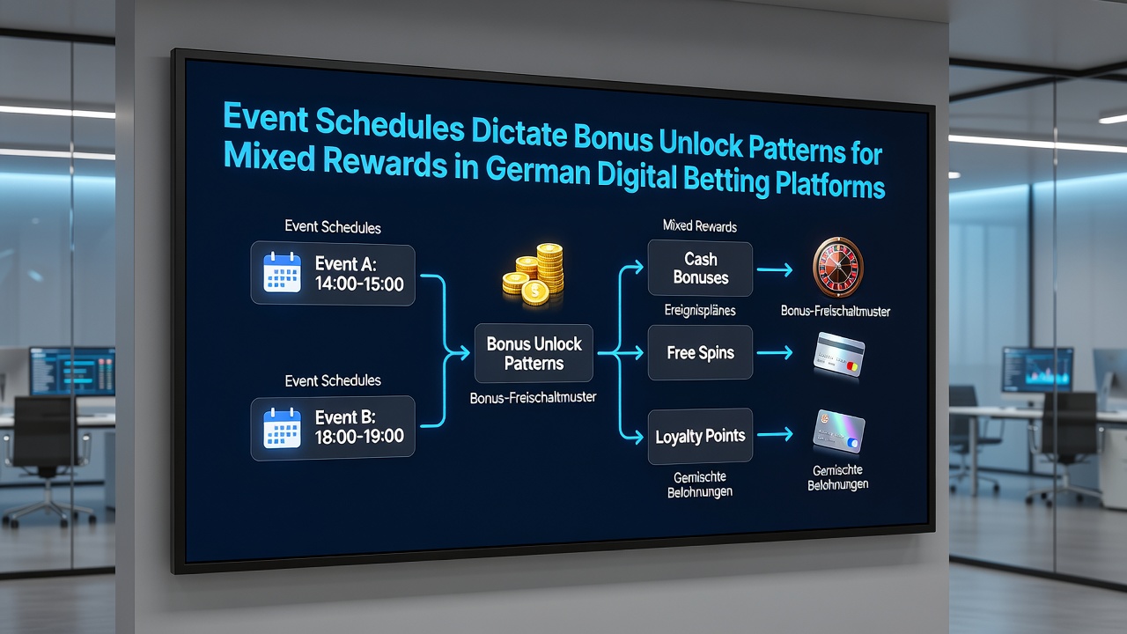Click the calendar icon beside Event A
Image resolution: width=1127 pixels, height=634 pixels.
coord(283,272)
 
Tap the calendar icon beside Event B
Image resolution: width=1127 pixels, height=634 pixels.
coord(283,428)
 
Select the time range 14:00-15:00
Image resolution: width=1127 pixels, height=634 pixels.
coord(359,284)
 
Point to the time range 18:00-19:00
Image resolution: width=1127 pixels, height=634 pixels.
coord(359,436)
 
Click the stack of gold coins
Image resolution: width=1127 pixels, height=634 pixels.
coord(534,274)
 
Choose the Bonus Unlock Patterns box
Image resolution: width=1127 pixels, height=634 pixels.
coord(534,353)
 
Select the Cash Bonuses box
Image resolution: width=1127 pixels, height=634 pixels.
coord(700,269)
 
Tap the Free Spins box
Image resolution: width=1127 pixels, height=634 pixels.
coord(700,353)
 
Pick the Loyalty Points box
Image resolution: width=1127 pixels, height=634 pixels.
coord(700,436)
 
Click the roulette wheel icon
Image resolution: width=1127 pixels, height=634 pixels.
coord(837,267)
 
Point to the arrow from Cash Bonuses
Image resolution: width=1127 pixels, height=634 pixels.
coord(775,270)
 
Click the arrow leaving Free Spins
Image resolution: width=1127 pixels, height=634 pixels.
coord(775,353)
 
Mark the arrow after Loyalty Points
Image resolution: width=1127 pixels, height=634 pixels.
coord(775,434)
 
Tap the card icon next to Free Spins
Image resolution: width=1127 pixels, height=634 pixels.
coord(839,355)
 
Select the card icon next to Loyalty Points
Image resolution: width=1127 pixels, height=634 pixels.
coord(839,431)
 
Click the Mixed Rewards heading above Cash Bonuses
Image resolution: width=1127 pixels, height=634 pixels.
coord(700,226)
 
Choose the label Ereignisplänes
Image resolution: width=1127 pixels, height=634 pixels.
coord(700,310)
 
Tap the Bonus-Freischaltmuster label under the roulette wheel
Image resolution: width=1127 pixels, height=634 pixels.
coord(836,312)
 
